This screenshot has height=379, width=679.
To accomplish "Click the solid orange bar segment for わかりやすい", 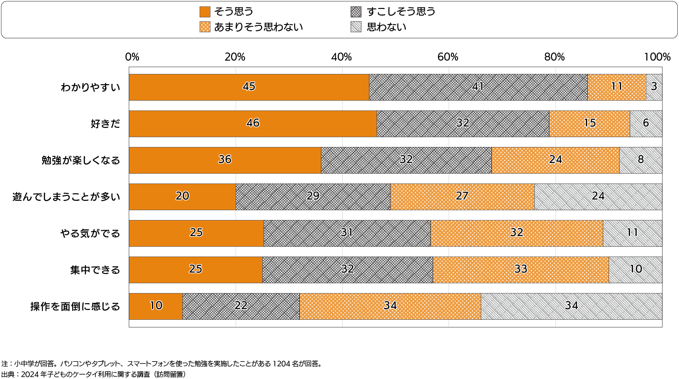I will coord(249,87).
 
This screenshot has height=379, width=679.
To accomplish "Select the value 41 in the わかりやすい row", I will coord(478,87).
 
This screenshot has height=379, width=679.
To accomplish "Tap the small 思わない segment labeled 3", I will coord(654,87).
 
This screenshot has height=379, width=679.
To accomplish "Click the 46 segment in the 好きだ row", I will coord(253,124).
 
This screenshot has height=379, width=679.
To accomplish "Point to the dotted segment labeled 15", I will coord(589,124).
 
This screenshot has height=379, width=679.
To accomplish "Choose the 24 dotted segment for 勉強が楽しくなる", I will coord(555,160).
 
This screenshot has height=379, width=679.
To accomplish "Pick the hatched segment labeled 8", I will coord(640,160).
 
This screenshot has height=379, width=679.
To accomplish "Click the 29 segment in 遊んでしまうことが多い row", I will coord(313,197).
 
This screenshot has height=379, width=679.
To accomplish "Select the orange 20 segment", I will coord(182,197).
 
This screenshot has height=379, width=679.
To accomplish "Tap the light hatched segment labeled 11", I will coord(632,233).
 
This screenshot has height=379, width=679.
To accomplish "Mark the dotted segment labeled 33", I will coord(520,270).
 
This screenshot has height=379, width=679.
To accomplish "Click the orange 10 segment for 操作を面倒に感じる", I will coord(155,306).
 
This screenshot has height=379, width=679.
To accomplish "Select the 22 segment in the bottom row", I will coord(241,306).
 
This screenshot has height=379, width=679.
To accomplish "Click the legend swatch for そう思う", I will coord(205,12).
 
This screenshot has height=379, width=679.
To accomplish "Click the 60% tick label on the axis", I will coord(448,57).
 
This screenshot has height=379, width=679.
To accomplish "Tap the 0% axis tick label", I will coord(132,57).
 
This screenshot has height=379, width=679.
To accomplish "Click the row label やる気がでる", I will coord(90,233).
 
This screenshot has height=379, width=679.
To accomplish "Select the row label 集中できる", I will coord(95,270).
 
